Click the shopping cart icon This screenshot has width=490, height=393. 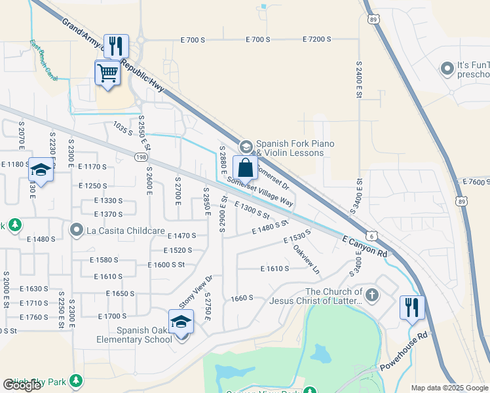[x=107, y=73]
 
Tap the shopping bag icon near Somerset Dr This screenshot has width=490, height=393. [x=245, y=168]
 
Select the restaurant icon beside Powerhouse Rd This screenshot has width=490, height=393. [x=412, y=307]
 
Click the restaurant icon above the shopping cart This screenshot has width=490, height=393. [x=116, y=46]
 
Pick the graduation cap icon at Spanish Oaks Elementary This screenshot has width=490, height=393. [x=181, y=322]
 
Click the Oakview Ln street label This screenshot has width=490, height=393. [x=307, y=260]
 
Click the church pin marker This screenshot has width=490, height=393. [x=372, y=295]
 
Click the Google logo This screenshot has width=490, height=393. [x=22, y=384]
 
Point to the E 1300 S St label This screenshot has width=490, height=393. [x=252, y=210]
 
